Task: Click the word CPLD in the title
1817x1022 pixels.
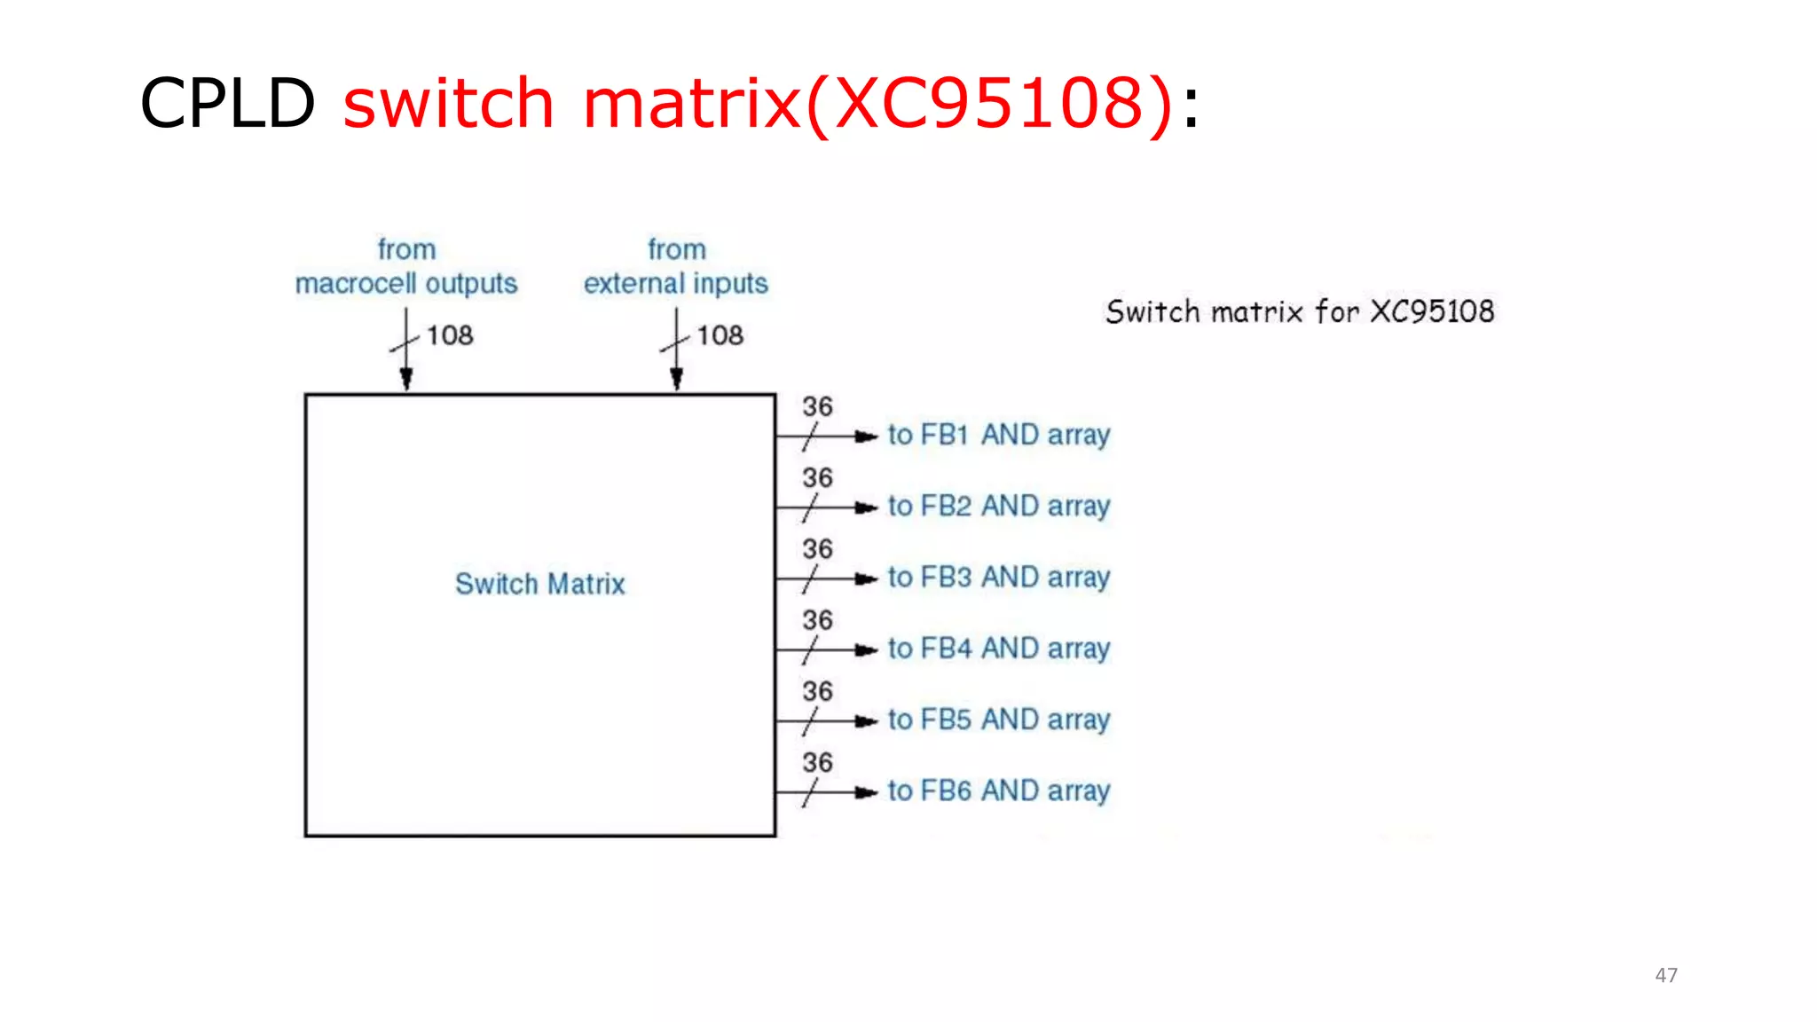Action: pyautogui.click(x=227, y=103)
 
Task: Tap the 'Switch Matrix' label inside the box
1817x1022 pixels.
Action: pyautogui.click(x=539, y=584)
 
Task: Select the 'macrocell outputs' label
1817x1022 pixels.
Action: pyautogui.click(x=406, y=283)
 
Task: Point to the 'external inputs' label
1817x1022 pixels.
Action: pyautogui.click(x=675, y=283)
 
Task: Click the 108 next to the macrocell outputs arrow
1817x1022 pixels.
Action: pyautogui.click(x=450, y=335)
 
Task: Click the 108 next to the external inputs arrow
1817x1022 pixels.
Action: pyautogui.click(x=720, y=335)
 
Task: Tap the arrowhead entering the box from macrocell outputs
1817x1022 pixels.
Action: pyautogui.click(x=406, y=380)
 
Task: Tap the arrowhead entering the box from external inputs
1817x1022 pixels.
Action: pyautogui.click(x=676, y=380)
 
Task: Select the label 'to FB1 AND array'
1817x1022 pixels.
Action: pyautogui.click(x=999, y=435)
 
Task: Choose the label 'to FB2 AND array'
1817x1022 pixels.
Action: pyautogui.click(x=999, y=506)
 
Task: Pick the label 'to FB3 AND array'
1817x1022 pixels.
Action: pyautogui.click(x=999, y=578)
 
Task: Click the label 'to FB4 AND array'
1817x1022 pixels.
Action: pyautogui.click(x=999, y=649)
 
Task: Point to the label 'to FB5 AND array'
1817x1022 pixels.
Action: pyautogui.click(x=999, y=719)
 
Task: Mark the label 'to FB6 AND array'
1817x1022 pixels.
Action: pyautogui.click(x=999, y=790)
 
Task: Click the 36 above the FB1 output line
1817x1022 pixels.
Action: pyautogui.click(x=817, y=406)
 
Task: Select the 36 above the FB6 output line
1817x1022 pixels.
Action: pyautogui.click(x=817, y=762)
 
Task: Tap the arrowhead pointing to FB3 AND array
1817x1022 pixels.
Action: pyautogui.click(x=866, y=579)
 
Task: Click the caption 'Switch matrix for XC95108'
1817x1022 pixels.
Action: pyautogui.click(x=1300, y=311)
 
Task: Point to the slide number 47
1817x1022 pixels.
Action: pyautogui.click(x=1666, y=975)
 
